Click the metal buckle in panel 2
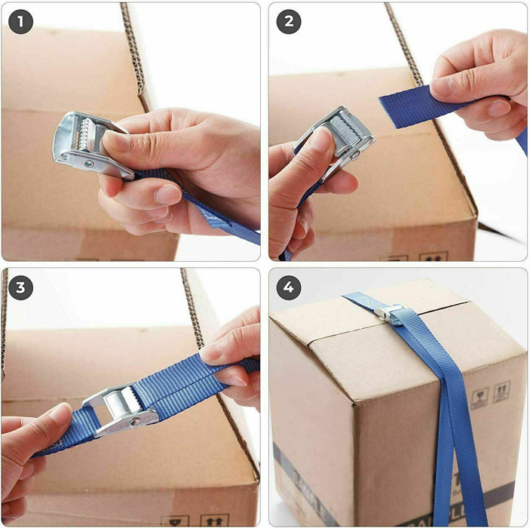(339, 136)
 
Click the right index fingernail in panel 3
(214, 351)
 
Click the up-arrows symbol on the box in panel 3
(214, 520)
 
